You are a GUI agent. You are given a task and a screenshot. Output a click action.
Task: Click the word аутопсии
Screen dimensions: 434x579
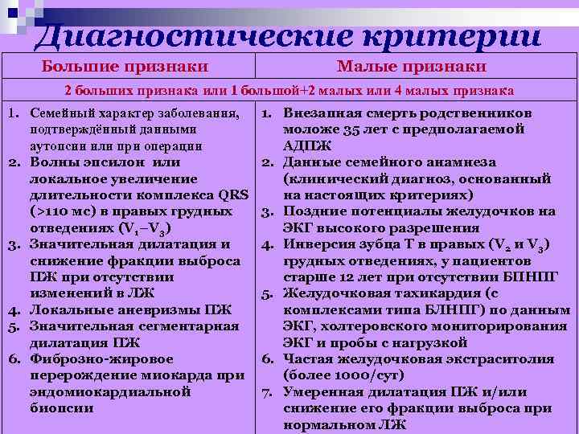60,146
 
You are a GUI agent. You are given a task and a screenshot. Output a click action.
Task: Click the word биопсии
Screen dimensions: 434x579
61,408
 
